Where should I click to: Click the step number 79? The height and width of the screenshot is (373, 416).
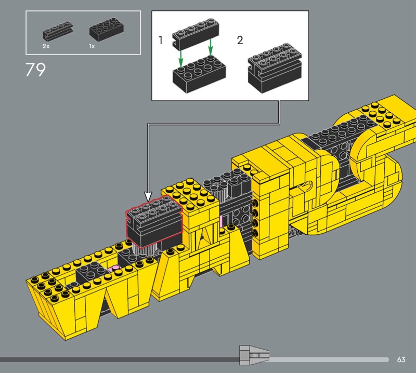[35, 70]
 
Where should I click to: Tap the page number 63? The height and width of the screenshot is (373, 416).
[401, 359]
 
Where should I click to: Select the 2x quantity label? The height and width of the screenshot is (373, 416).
[46, 46]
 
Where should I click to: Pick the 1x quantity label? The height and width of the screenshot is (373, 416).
[92, 46]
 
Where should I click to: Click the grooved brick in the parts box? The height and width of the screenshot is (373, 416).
[58, 31]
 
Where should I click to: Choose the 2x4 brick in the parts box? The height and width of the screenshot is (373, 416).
[107, 29]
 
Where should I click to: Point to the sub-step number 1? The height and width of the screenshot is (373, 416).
[160, 40]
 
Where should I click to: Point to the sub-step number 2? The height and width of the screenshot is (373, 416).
[240, 40]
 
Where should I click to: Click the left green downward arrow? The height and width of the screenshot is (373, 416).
[180, 59]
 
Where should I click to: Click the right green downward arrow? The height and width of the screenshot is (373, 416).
[211, 48]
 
